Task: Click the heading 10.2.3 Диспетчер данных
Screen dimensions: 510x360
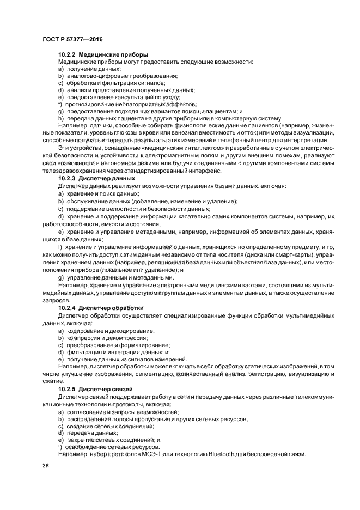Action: point(96,179)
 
